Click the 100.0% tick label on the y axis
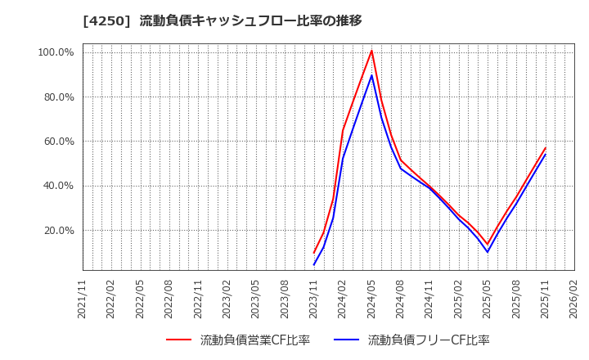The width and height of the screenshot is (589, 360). click(x=56, y=52)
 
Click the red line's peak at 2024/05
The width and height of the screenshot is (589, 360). click(x=371, y=51)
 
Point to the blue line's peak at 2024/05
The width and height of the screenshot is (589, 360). click(x=371, y=75)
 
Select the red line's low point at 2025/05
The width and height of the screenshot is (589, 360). click(x=488, y=245)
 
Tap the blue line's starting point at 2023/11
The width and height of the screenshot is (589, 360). click(x=314, y=264)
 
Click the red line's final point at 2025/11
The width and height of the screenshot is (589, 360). click(x=546, y=148)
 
